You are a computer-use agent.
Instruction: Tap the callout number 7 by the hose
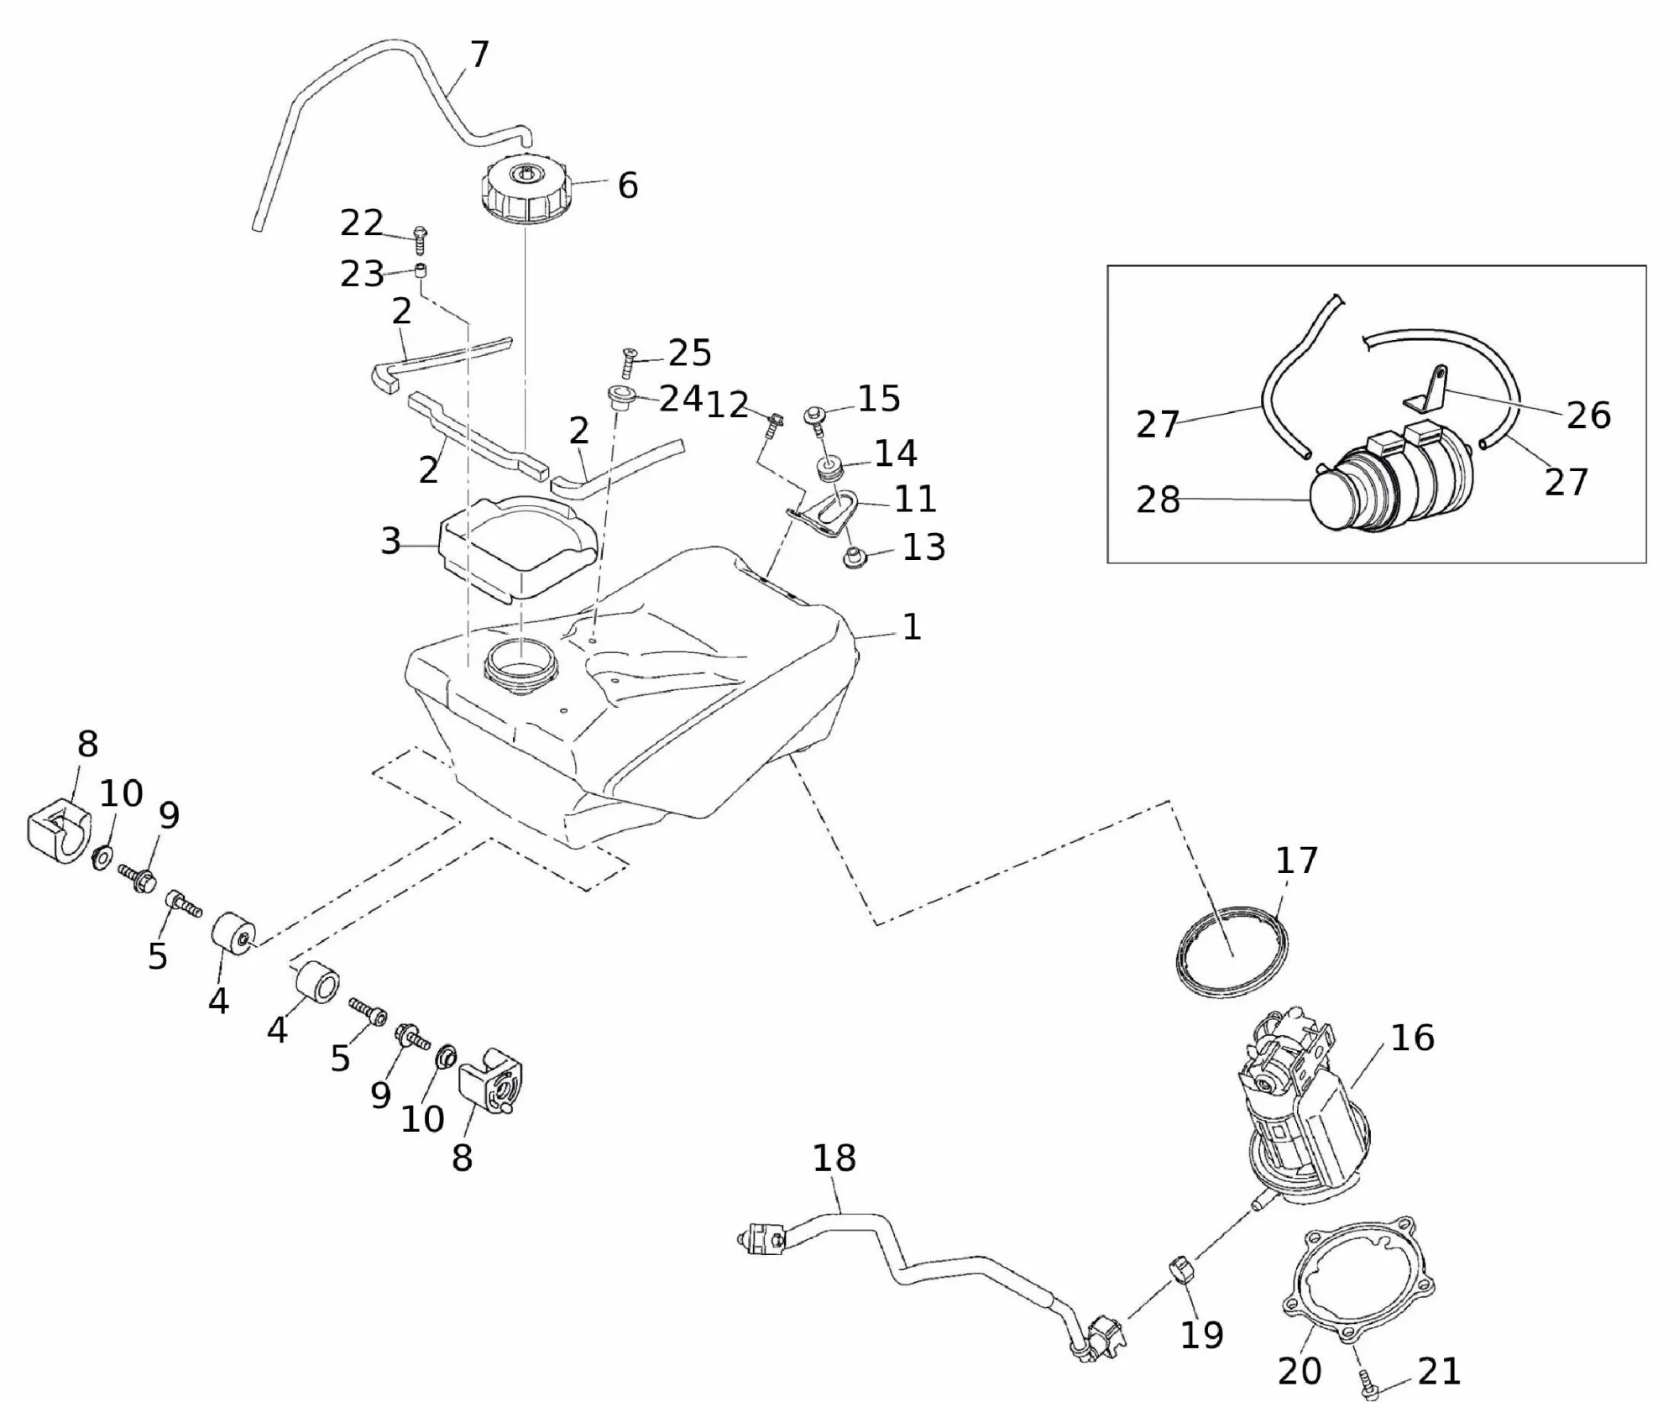[x=479, y=55]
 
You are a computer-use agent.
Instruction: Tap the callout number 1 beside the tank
[x=912, y=627]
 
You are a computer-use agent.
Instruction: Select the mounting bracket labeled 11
[x=827, y=514]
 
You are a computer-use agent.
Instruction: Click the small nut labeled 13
[x=855, y=557]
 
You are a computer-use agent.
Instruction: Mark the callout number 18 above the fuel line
[x=834, y=1159]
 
